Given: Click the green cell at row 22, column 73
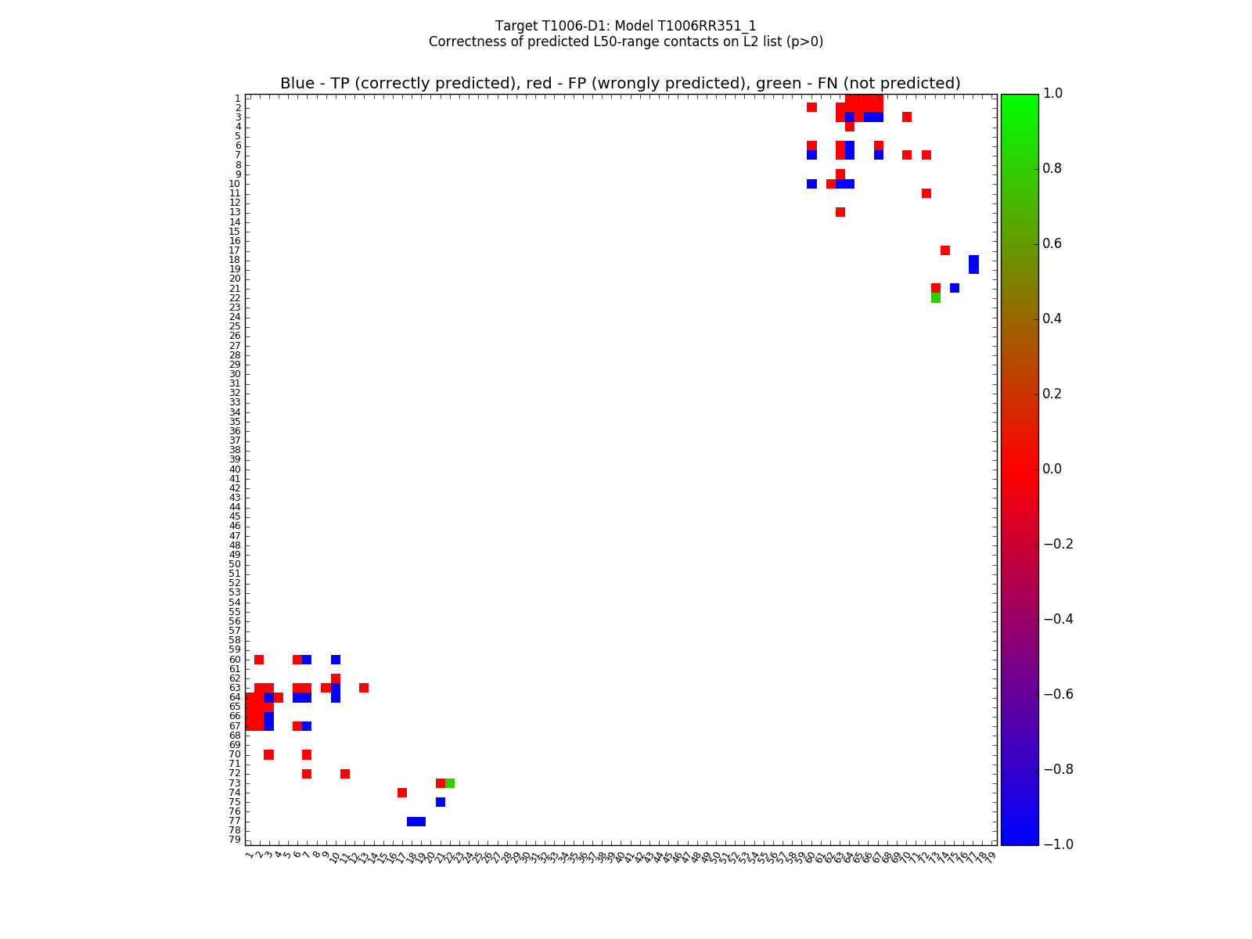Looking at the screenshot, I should (936, 298).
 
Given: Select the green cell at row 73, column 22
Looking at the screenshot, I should (450, 783).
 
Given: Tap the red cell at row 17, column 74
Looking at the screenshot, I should (945, 250).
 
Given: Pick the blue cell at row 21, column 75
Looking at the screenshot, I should (955, 288).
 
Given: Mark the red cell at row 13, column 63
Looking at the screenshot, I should (840, 212).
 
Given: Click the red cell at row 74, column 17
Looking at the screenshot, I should (402, 793).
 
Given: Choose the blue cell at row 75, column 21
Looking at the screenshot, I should (441, 802).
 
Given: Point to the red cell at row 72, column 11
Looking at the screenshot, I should (345, 774).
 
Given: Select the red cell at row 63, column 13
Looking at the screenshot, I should (364, 688).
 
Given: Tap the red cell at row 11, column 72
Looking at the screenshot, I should (926, 193).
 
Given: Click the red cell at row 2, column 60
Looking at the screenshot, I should (811, 107).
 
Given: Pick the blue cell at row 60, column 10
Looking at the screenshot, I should (336, 660).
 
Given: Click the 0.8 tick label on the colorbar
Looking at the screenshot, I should (1053, 169).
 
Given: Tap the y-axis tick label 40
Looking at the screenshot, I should (235, 469).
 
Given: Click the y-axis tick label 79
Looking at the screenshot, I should (235, 840).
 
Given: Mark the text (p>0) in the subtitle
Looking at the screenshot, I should (803, 42).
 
